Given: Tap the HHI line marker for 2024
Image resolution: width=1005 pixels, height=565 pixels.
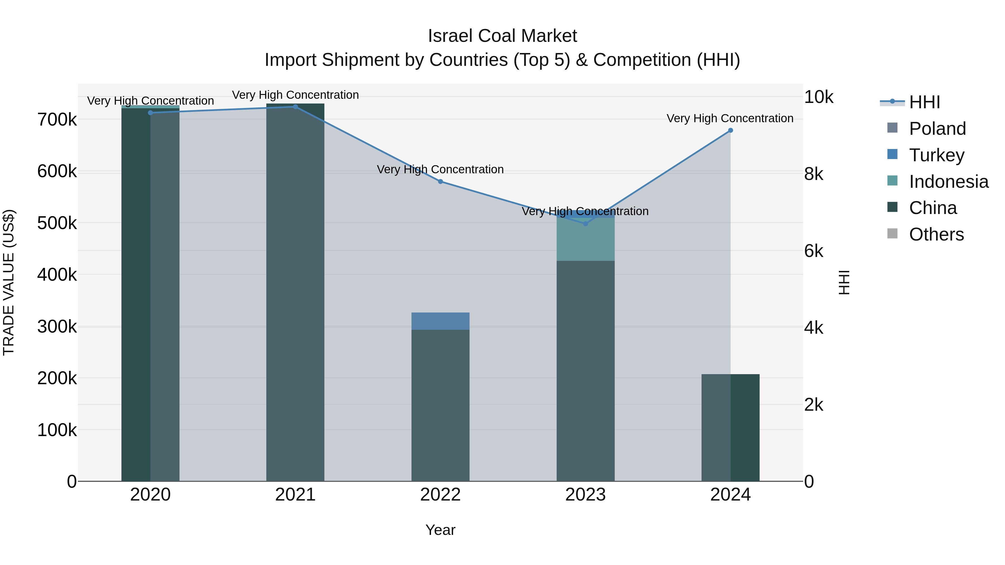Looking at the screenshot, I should click(x=730, y=130).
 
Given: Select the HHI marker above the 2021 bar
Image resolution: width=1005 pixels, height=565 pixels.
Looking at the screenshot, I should click(x=295, y=107).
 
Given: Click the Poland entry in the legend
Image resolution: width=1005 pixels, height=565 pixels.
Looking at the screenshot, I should click(x=937, y=129).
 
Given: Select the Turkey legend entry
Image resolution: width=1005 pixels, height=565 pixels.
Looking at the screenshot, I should click(x=936, y=155).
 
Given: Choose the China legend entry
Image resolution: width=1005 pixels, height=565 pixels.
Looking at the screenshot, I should click(x=932, y=208).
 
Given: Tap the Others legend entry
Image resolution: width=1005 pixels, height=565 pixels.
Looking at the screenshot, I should click(x=936, y=235).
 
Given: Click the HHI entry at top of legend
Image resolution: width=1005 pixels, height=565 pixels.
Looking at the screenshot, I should click(x=924, y=102).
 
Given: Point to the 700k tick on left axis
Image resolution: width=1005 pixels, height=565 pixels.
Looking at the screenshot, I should click(x=57, y=120).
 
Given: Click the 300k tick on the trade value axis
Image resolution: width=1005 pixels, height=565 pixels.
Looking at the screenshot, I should click(x=57, y=327).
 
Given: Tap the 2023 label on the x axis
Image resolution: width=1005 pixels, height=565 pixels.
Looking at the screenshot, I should click(x=585, y=495).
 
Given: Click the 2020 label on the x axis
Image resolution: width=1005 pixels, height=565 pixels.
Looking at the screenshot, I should click(x=150, y=495).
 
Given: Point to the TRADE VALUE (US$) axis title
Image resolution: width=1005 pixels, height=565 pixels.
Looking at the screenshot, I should click(x=9, y=282).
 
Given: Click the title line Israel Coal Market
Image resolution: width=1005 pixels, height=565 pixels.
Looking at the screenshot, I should click(x=502, y=36).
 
